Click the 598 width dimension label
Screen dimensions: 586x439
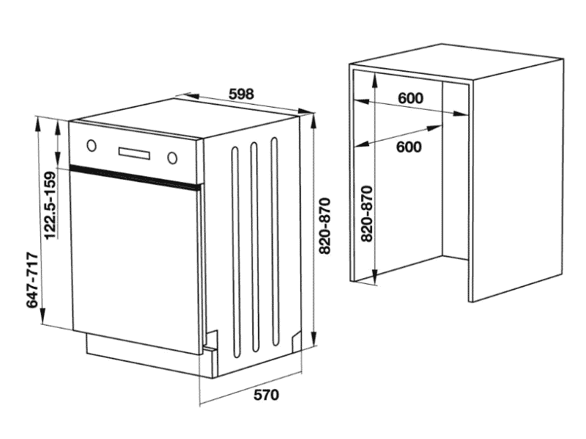pyautogui.click(x=241, y=94)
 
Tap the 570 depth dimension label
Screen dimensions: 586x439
pyautogui.click(x=266, y=394)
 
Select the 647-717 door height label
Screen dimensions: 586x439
pyautogui.click(x=32, y=280)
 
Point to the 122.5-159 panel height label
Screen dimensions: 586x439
pyautogui.click(x=50, y=205)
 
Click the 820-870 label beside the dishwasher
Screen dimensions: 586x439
pyautogui.click(x=324, y=226)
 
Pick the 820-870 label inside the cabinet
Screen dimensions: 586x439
pyautogui.click(x=367, y=214)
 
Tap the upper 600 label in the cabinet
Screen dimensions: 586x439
pyautogui.click(x=410, y=98)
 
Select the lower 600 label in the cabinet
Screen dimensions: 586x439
pyautogui.click(x=409, y=147)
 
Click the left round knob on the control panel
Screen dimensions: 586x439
pyautogui.click(x=92, y=145)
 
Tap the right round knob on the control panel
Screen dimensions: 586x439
pyautogui.click(x=172, y=158)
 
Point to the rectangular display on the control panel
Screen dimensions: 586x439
pyautogui.click(x=134, y=152)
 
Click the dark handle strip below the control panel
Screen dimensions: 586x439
pyautogui.click(x=136, y=176)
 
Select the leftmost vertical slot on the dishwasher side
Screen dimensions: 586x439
pyautogui.click(x=235, y=252)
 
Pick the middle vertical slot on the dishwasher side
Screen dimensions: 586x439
pyautogui.click(x=255, y=247)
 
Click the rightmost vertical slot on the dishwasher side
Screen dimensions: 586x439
pyautogui.click(x=275, y=241)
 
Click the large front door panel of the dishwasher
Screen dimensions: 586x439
pyautogui.click(x=136, y=260)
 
